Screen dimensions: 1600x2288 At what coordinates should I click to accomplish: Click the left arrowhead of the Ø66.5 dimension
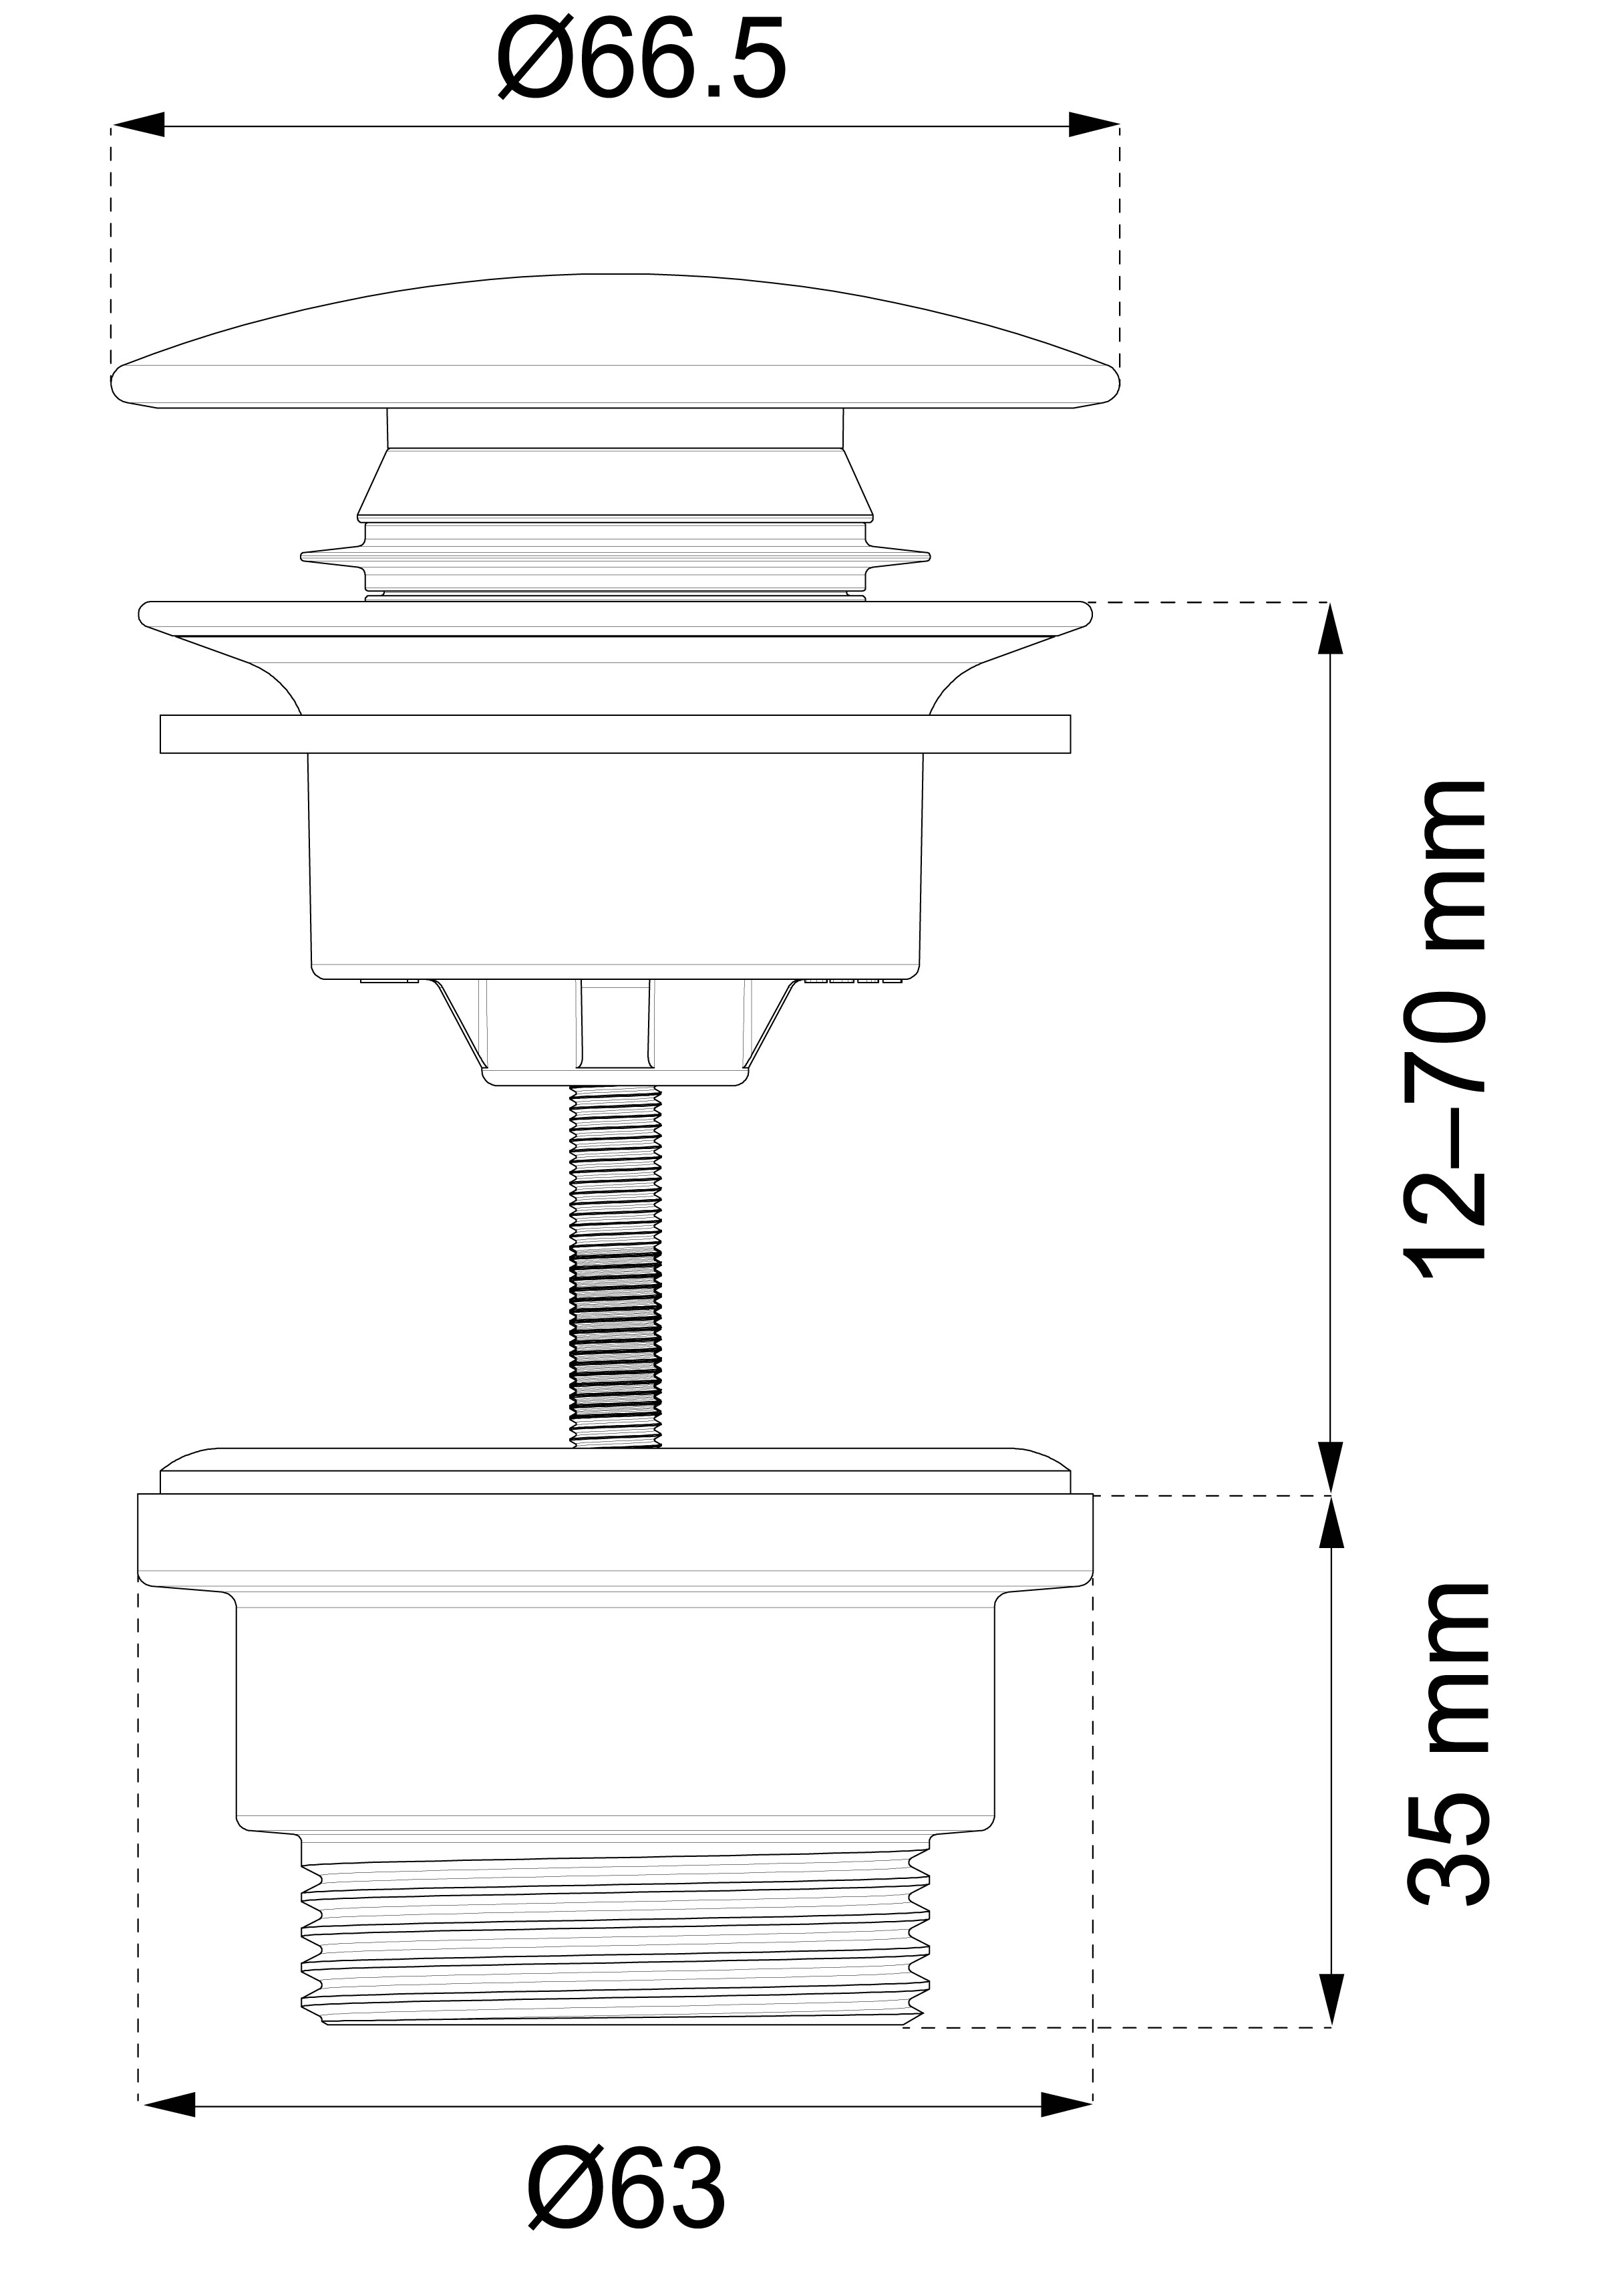(x=138, y=126)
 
